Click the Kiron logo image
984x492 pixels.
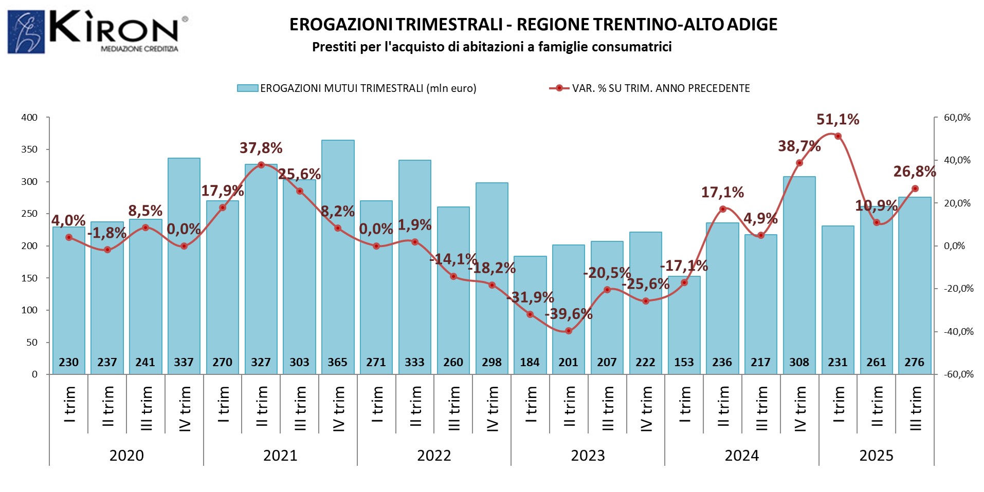click(98, 32)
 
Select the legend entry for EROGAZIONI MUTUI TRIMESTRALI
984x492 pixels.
click(357, 88)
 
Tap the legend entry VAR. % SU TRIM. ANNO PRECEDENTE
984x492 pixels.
click(650, 88)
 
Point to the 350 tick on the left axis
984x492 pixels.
click(29, 149)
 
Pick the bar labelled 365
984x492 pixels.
click(338, 257)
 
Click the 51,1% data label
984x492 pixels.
click(837, 120)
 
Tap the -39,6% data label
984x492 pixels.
click(569, 314)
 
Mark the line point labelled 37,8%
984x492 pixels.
click(261, 165)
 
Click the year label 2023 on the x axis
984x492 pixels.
click(588, 456)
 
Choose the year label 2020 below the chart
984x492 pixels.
click(126, 456)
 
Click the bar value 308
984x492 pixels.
click(799, 363)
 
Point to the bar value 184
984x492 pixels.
click(530, 363)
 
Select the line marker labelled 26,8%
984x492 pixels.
click(915, 188)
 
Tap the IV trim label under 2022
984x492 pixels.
click(492, 408)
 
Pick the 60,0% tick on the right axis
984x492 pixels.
click(957, 118)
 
